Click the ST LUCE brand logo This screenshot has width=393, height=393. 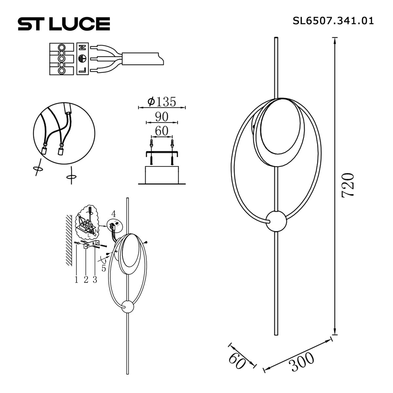pos(64,24)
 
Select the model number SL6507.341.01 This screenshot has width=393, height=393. pos(333,21)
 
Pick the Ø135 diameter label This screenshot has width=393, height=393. pos(161,102)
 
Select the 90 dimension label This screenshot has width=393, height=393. pos(162,117)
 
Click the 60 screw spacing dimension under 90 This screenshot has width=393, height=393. pos(161,131)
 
